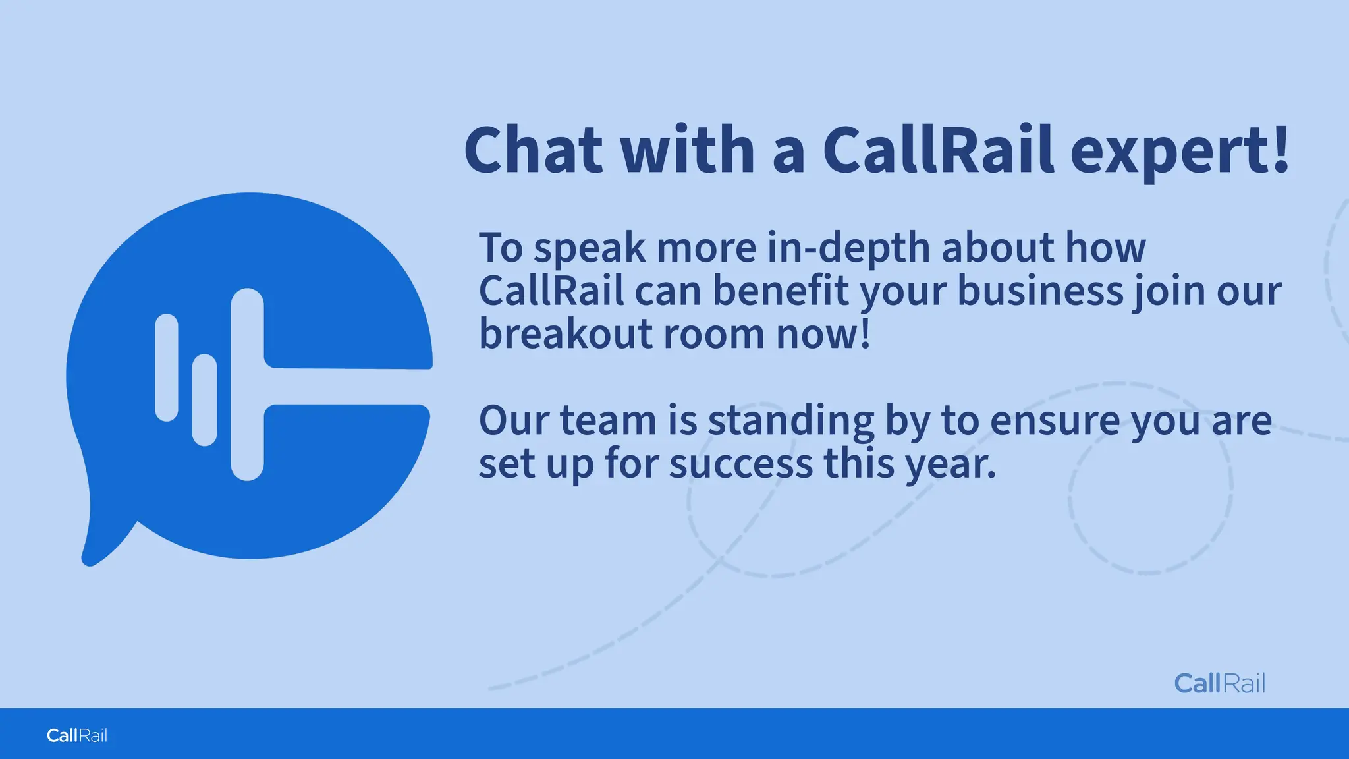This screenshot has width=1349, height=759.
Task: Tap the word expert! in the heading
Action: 1179,152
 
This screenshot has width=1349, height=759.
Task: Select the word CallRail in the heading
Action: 938,150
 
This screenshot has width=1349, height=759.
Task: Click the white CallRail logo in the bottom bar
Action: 77,735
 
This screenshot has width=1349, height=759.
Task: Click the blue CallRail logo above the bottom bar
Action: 1219,683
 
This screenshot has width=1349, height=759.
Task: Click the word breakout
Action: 565,333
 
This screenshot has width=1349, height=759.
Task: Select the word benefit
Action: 781,291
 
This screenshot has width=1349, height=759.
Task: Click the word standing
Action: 790,420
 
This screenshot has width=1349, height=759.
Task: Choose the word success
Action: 741,464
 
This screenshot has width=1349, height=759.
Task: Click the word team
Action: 608,420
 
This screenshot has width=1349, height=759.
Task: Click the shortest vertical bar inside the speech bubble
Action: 204,400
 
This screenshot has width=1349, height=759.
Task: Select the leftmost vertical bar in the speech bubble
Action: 167,367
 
